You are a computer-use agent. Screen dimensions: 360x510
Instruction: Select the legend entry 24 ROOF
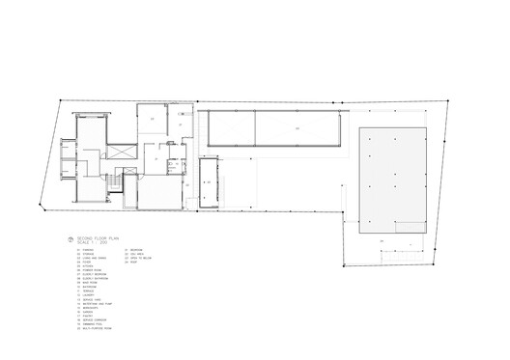131,263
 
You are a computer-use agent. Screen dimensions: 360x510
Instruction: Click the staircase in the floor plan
114,182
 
